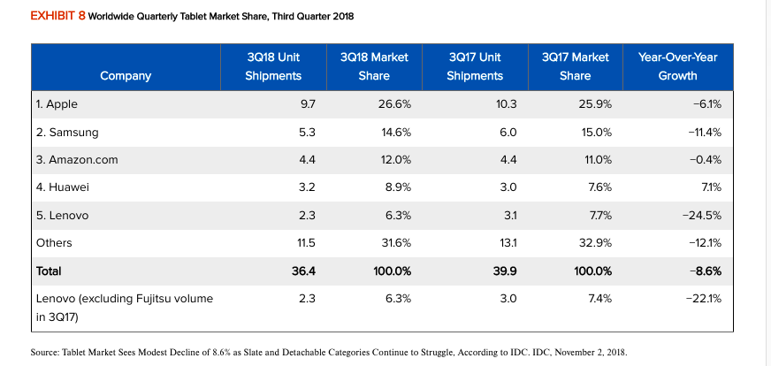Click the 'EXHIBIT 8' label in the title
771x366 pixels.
(57, 17)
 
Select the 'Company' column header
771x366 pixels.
(126, 76)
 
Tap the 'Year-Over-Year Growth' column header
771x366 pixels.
(677, 66)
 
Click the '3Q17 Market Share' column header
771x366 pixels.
(575, 66)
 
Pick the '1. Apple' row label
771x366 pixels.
(57, 104)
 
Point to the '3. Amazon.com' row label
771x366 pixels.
(77, 160)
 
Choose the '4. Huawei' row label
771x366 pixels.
(62, 187)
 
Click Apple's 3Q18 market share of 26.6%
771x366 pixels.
(393, 104)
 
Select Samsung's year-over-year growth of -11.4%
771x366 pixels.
(705, 132)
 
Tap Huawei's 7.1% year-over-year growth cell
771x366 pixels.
(710, 187)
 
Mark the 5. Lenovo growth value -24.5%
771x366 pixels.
(703, 215)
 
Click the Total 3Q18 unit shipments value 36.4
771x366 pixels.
(304, 271)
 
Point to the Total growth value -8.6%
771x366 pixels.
(706, 271)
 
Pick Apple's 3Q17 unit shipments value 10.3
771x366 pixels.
(505, 104)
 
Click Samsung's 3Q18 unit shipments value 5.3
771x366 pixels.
(307, 132)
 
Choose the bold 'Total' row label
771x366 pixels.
(50, 271)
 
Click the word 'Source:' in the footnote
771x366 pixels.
(45, 352)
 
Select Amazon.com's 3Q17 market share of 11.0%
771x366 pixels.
(596, 160)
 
